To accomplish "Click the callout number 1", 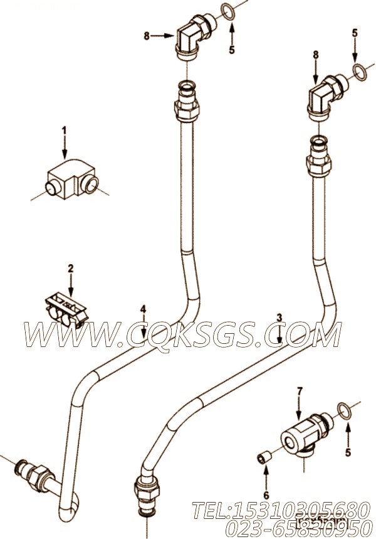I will (x=64, y=131).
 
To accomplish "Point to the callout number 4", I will (x=143, y=308).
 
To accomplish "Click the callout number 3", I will (x=279, y=318).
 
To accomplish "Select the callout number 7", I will (x=300, y=392).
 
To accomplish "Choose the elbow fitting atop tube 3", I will (x=322, y=94).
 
